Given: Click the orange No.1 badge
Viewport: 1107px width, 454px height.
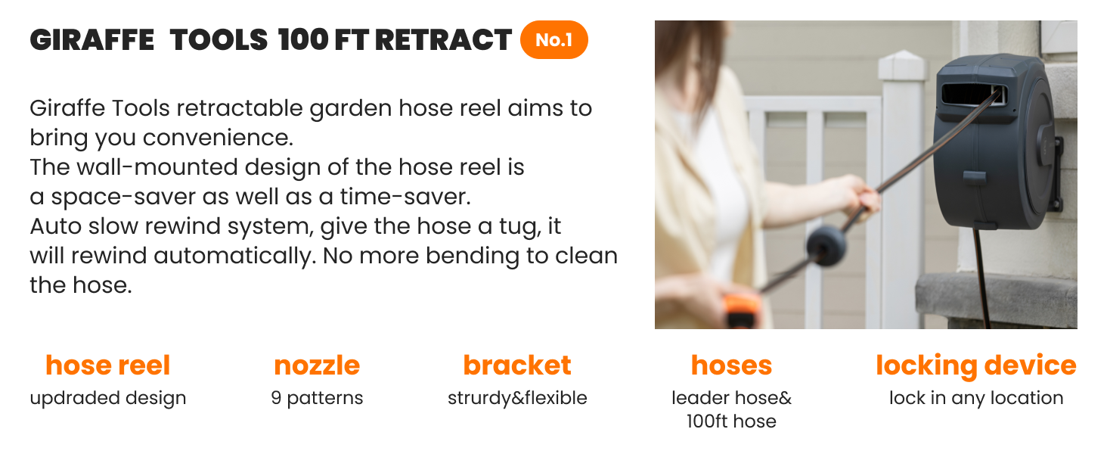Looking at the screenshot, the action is pyautogui.click(x=554, y=39).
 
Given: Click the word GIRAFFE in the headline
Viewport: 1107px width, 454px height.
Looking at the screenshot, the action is pyautogui.click(x=92, y=40).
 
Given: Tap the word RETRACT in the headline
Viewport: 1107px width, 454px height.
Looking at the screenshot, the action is pyautogui.click(x=443, y=40).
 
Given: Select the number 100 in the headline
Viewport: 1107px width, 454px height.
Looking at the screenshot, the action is pyautogui.click(x=303, y=40).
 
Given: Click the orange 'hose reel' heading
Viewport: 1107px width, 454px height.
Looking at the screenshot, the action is pyautogui.click(x=107, y=366).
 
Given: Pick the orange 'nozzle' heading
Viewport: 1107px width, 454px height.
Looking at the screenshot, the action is pyautogui.click(x=317, y=366).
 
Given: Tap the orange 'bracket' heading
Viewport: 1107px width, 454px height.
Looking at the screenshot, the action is pyautogui.click(x=517, y=366).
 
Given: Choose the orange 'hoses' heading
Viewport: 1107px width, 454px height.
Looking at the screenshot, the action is pyautogui.click(x=731, y=366).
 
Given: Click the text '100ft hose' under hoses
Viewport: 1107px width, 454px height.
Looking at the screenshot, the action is pyautogui.click(x=731, y=421).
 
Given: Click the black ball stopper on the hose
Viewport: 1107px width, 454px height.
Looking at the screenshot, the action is pyautogui.click(x=826, y=245).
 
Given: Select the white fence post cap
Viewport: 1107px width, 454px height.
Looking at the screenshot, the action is pyautogui.click(x=901, y=65).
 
